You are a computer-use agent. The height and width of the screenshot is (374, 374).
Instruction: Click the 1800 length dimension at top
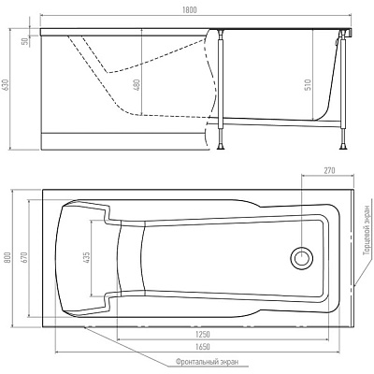(x=190, y=10)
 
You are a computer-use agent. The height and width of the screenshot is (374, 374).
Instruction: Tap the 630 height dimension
(x=6, y=85)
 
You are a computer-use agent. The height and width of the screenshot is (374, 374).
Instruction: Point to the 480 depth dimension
(x=137, y=86)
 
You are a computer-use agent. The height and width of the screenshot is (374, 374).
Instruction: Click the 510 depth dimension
(x=308, y=86)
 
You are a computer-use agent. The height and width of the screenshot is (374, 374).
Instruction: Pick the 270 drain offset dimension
(x=329, y=170)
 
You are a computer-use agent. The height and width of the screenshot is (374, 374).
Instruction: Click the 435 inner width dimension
(x=87, y=258)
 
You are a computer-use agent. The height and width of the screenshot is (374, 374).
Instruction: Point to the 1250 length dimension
(x=203, y=335)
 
